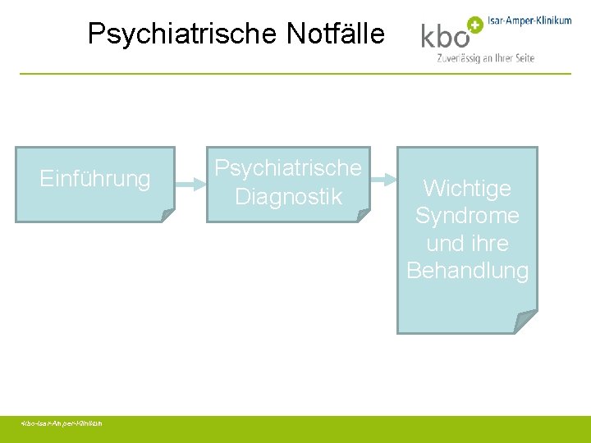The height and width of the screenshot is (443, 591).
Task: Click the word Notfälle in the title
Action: pyautogui.click(x=335, y=34)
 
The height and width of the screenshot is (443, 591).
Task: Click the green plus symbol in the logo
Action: pyautogui.click(x=474, y=24)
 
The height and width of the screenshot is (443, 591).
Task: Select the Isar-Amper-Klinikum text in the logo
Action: pyautogui.click(x=529, y=21)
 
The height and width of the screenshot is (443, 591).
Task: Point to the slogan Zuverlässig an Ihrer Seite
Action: pyautogui.click(x=486, y=58)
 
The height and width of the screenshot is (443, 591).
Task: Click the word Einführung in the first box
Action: pyautogui.click(x=95, y=179)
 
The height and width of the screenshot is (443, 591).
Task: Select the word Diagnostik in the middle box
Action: pyautogui.click(x=288, y=197)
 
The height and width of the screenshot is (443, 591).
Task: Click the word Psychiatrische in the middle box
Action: pyautogui.click(x=288, y=168)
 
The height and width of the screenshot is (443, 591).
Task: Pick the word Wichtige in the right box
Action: pyautogui.click(x=467, y=189)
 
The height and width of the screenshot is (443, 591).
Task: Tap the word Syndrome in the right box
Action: pyautogui.click(x=467, y=216)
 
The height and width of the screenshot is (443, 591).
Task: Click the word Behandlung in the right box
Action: pyautogui.click(x=467, y=271)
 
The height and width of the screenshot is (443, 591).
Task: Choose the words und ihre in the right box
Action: pyautogui.click(x=467, y=244)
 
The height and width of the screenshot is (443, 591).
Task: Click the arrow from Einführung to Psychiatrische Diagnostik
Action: pyautogui.click(x=190, y=185)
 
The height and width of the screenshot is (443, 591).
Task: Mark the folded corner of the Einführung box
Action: pyautogui.click(x=167, y=215)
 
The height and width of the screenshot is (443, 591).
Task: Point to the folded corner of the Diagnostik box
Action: pyautogui.click(x=363, y=215)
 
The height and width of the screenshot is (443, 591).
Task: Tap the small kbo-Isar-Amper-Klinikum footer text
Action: pyautogui.click(x=62, y=423)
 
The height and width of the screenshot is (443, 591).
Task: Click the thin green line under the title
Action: pyautogui.click(x=295, y=74)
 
